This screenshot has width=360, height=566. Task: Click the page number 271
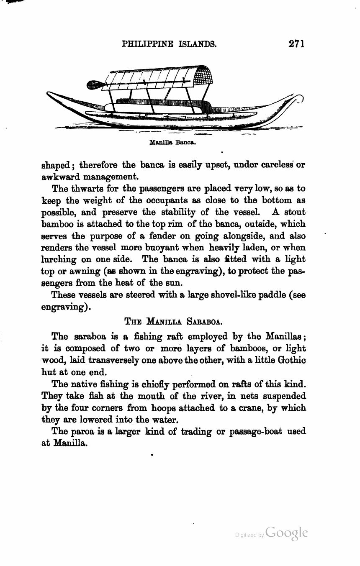coord(296,44)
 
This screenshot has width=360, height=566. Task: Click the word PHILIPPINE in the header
coord(147,44)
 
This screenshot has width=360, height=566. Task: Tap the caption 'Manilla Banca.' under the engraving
coord(172,142)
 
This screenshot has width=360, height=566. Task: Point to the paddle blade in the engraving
coord(94,85)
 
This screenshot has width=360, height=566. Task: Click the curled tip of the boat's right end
coord(299,98)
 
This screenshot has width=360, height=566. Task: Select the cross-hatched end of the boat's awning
coord(204,76)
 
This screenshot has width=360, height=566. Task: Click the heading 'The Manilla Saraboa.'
coord(173,321)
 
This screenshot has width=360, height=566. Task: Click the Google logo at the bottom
coord(286,533)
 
